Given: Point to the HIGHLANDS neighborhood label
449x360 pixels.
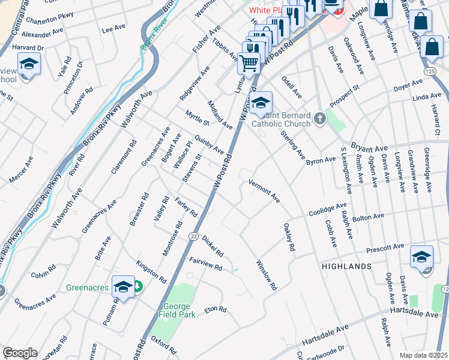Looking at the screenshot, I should (346, 265).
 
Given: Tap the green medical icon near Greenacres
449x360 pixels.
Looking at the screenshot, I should (138, 287).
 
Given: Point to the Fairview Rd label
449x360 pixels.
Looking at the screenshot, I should (206, 263).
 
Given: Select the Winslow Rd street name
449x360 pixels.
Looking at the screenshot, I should (267, 275).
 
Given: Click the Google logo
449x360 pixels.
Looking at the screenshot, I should (20, 352).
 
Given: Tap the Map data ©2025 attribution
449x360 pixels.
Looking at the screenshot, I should (423, 355).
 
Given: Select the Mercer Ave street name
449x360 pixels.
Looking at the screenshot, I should (22, 170).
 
